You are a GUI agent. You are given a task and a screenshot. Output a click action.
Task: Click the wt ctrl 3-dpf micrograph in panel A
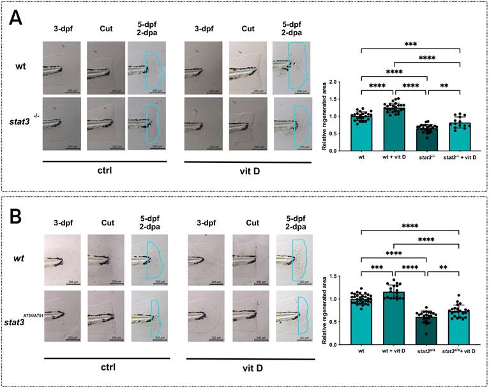62,66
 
